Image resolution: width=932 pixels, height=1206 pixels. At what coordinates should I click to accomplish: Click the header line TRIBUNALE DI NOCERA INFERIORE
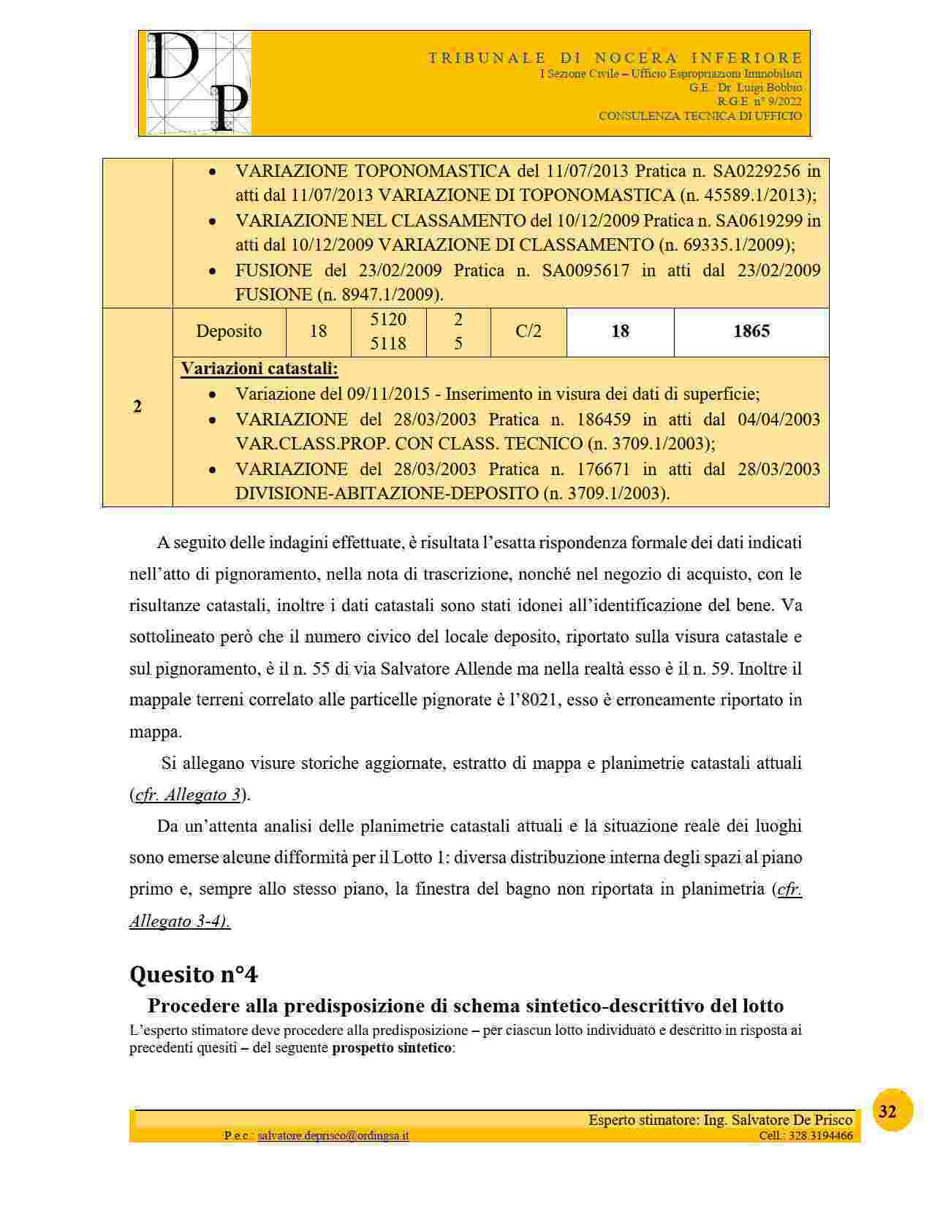615,58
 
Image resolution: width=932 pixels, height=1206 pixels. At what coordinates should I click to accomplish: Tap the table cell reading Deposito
229,331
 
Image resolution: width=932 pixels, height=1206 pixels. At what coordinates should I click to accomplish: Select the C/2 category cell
528,331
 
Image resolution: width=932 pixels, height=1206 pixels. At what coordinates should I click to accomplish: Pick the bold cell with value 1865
751,331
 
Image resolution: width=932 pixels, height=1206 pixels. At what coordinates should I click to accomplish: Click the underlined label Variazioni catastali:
259,368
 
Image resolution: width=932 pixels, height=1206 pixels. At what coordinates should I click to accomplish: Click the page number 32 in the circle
887,1112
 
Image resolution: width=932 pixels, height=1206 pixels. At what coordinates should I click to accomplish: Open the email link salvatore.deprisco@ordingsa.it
333,1136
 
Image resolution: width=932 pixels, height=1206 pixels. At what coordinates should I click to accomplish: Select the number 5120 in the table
388,319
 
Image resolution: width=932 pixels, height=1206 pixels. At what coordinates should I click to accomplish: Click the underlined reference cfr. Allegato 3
188,794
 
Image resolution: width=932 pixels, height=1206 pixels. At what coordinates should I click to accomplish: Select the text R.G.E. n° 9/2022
759,102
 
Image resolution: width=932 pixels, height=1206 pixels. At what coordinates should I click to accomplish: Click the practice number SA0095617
586,270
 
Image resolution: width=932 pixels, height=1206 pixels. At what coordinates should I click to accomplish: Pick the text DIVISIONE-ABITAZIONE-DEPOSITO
387,493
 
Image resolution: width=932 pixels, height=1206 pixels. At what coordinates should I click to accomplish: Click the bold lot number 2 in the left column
137,406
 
